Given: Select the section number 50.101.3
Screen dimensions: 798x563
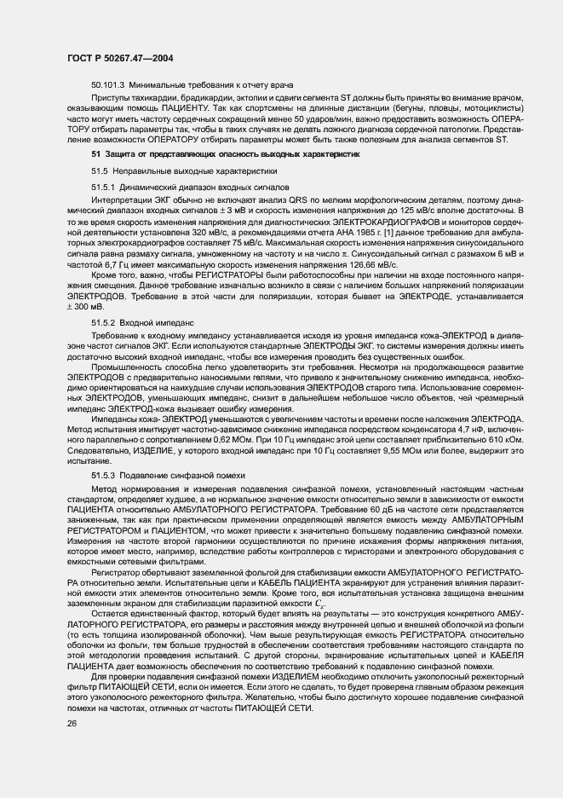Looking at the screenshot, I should tap(108, 85).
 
